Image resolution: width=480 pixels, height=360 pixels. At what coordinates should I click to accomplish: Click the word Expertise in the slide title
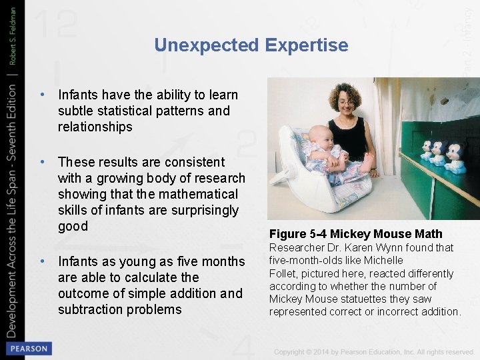[306, 45]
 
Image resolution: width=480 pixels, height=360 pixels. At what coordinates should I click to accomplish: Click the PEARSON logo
[28, 349]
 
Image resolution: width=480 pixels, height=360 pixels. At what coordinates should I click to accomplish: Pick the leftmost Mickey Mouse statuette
[427, 147]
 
